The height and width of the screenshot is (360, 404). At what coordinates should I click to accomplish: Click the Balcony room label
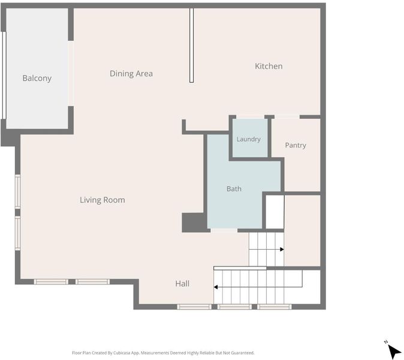click(37, 78)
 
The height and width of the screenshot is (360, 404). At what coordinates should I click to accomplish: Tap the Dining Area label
click(131, 74)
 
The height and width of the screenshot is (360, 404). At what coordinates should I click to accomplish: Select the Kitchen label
click(269, 66)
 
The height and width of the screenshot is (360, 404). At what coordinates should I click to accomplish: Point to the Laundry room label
click(248, 139)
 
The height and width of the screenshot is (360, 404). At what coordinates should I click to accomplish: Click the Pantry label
click(296, 145)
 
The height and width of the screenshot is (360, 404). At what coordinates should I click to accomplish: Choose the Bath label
click(234, 189)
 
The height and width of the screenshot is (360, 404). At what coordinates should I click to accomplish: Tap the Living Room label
click(102, 200)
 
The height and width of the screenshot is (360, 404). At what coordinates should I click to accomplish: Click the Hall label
click(182, 284)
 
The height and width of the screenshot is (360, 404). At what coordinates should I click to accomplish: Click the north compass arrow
click(394, 351)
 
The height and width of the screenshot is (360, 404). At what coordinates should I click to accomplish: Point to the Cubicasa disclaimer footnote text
click(163, 353)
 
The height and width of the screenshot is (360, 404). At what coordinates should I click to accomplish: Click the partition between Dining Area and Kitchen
click(191, 46)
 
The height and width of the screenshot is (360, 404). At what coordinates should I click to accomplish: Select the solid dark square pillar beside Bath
click(194, 223)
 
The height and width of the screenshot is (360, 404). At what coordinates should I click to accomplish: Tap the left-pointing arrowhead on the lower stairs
click(216, 287)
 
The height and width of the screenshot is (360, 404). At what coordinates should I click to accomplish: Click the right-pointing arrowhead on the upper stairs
click(282, 250)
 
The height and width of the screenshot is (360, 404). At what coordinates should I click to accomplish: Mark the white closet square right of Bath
click(275, 212)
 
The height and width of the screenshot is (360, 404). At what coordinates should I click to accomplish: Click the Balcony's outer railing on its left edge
click(4, 76)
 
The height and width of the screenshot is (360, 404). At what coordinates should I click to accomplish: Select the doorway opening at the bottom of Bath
click(224, 230)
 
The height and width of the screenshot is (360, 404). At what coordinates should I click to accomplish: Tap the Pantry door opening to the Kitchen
click(287, 117)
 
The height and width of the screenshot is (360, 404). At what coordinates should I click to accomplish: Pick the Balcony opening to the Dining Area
click(71, 73)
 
